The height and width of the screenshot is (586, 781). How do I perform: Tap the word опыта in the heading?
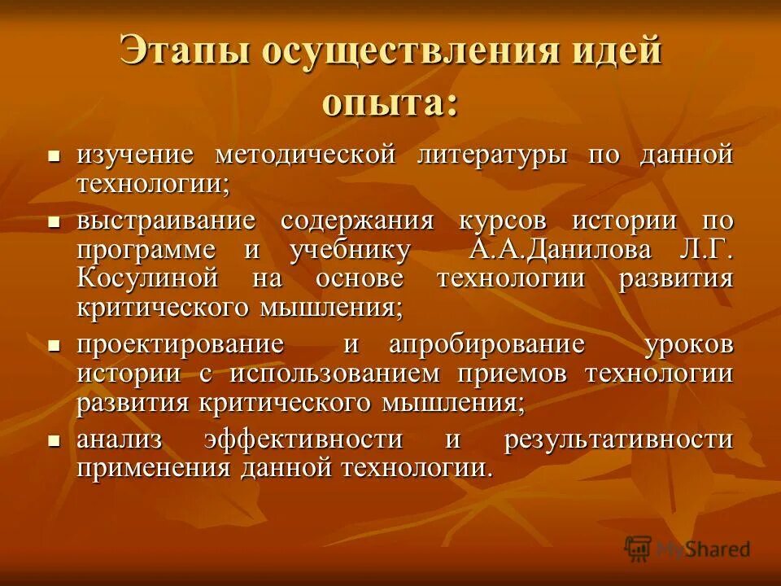coord(390,104)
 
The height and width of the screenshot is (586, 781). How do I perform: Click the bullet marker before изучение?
coord(55,155)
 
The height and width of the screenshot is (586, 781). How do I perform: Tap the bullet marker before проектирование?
coord(55,345)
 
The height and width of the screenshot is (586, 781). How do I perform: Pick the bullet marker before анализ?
coord(55,440)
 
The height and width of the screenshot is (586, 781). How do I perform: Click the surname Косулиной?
coord(148,278)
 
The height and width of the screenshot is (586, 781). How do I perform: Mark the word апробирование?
coord(486,344)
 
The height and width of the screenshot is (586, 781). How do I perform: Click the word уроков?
coord(688,344)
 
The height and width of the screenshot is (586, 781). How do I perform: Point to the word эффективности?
coord(303,439)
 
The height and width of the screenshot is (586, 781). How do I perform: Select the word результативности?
coord(618,439)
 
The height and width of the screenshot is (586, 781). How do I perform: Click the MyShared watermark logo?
coord(687,549)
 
